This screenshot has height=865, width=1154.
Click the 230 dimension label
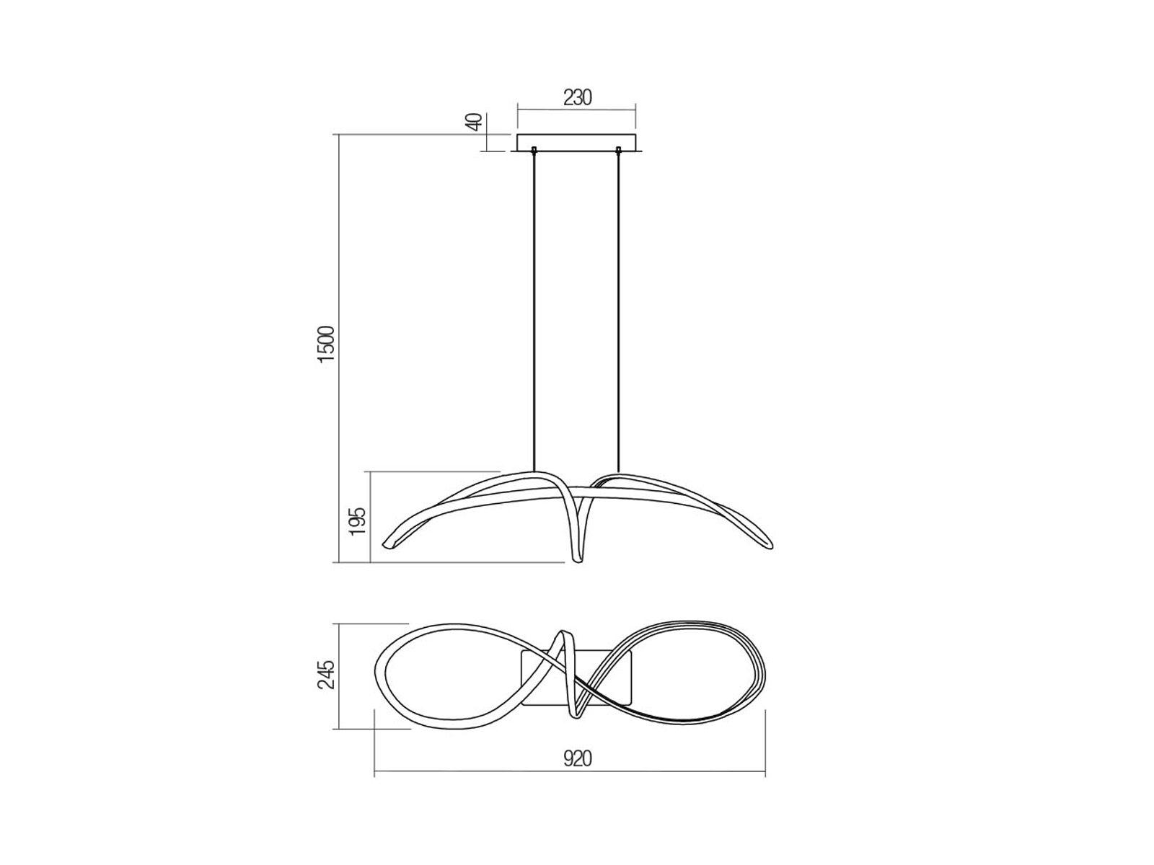pyautogui.click(x=577, y=98)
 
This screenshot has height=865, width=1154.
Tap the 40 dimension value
pyautogui.click(x=474, y=123)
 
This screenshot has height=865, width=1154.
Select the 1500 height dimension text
pyautogui.click(x=327, y=344)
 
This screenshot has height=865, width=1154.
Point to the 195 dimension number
pyautogui.click(x=358, y=520)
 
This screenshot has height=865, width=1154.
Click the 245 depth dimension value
pyautogui.click(x=327, y=675)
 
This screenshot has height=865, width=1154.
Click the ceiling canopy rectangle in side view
pyautogui.click(x=577, y=143)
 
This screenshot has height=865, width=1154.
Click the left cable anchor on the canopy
pyautogui.click(x=534, y=151)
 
